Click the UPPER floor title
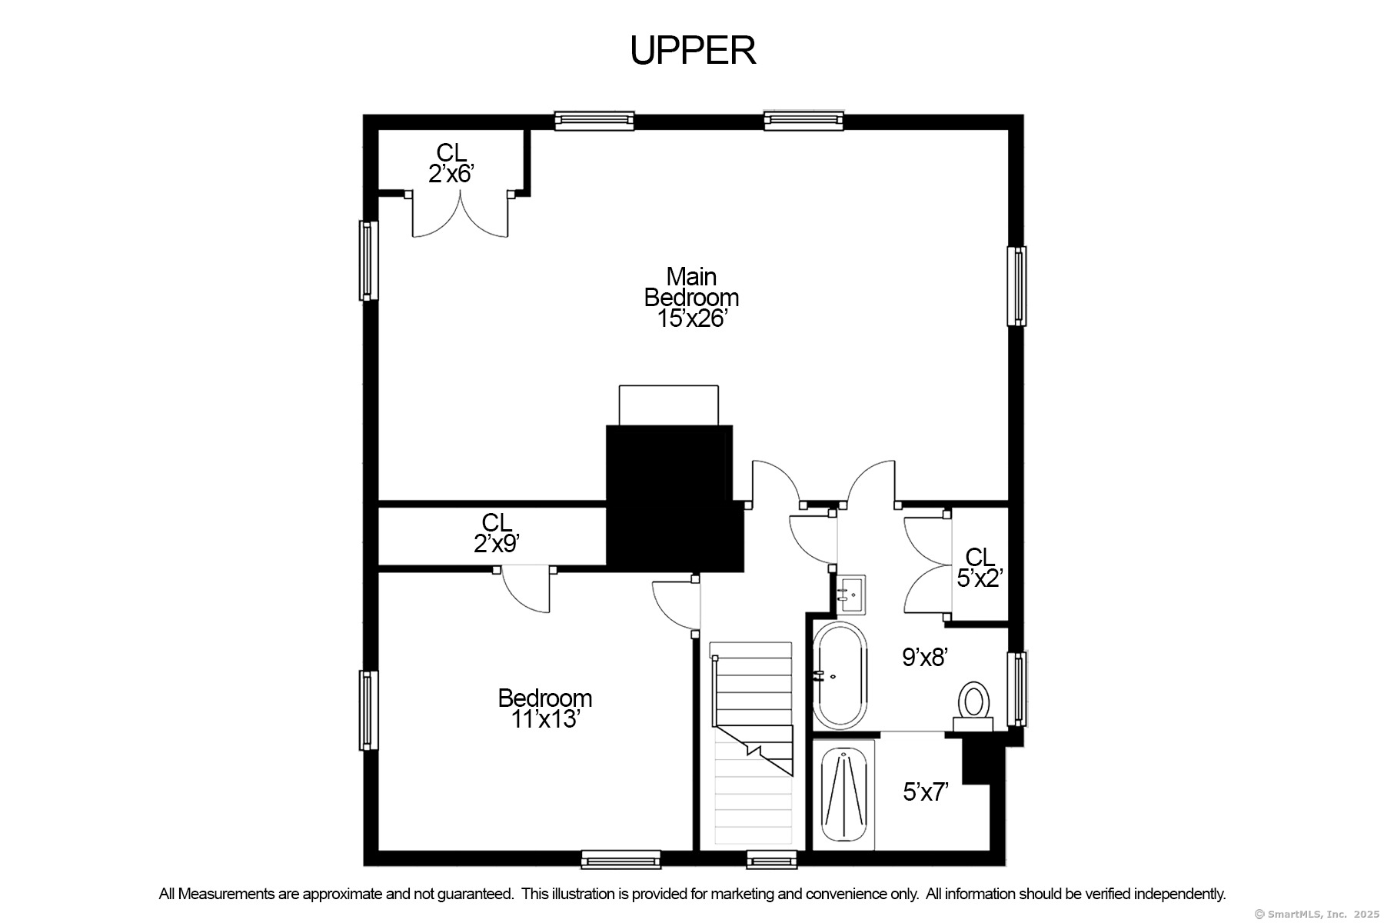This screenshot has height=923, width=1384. [693, 51]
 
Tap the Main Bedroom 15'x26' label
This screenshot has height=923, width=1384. [691, 298]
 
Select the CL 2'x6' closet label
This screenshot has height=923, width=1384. [451, 163]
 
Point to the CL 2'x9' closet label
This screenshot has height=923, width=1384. [497, 533]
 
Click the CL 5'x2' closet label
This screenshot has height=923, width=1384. [980, 568]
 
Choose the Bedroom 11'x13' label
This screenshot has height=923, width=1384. [544, 708]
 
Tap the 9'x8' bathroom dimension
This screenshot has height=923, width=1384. [924, 657]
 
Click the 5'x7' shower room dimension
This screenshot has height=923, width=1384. [925, 791]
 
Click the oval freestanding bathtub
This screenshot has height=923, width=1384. [840, 675]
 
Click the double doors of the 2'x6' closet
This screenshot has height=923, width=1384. [460, 215]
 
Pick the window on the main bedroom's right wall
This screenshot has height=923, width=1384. [1016, 286]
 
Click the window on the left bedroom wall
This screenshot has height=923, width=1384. [369, 710]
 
